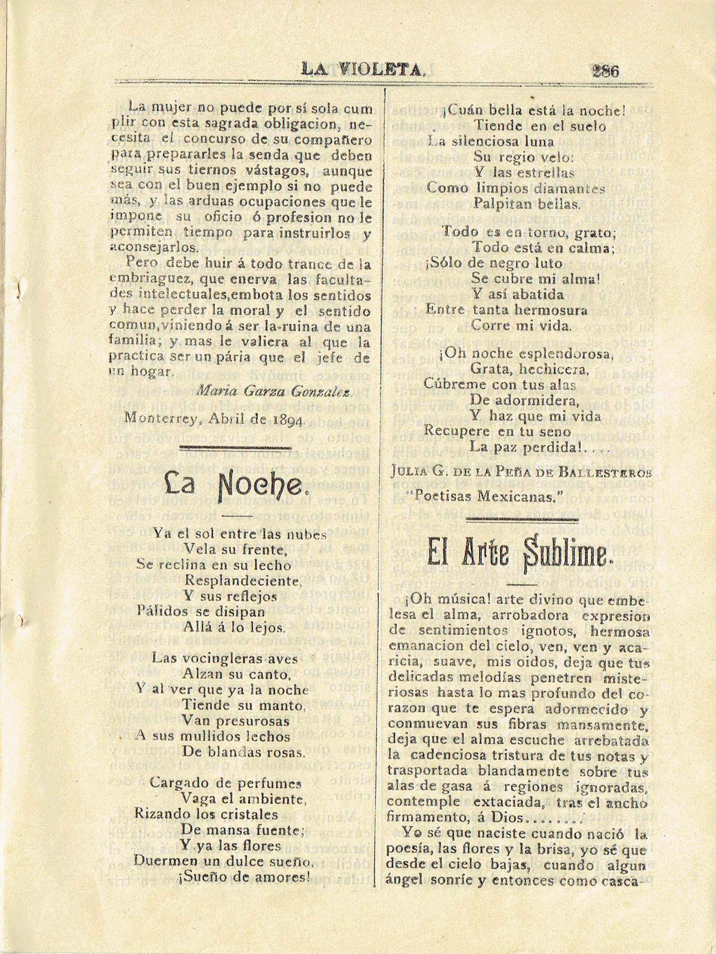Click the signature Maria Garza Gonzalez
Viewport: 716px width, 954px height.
pyautogui.click(x=274, y=392)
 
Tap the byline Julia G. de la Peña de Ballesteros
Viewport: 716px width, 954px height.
pyautogui.click(x=521, y=473)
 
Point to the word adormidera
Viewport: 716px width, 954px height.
pyautogui.click(x=524, y=401)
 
